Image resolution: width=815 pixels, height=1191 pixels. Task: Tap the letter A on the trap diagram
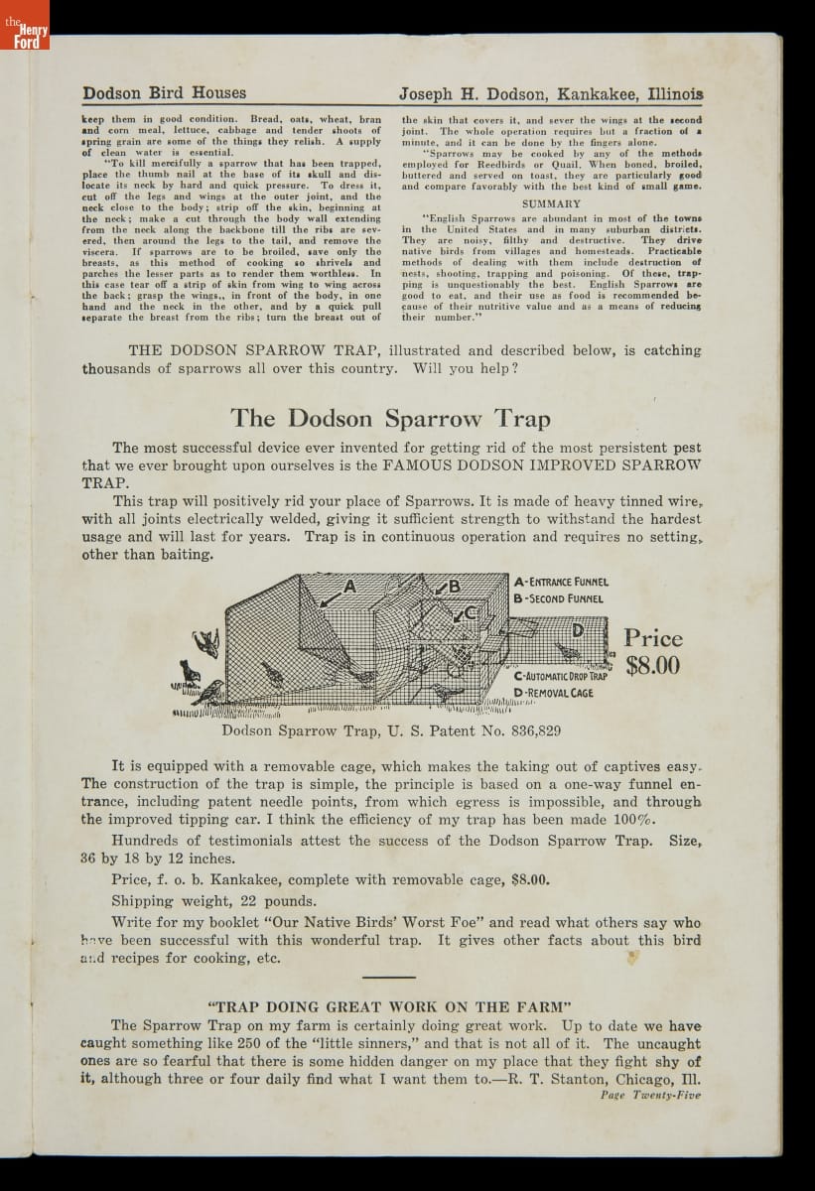tap(349, 587)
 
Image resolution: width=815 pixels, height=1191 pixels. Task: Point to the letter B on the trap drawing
tap(456, 586)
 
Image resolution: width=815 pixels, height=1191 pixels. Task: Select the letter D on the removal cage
tap(576, 629)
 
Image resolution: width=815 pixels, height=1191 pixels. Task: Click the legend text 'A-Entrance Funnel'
tap(561, 582)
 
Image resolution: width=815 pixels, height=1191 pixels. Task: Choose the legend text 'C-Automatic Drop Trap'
tap(567, 676)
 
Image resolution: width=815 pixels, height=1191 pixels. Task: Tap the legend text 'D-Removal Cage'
tap(553, 693)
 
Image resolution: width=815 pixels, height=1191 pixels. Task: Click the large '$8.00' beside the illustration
tap(653, 665)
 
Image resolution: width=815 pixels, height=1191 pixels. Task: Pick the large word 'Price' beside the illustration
tap(653, 637)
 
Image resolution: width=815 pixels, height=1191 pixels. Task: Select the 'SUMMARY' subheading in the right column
tap(551, 203)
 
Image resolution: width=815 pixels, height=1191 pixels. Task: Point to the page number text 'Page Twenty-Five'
tap(650, 1096)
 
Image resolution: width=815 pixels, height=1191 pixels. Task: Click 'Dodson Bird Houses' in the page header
tap(165, 93)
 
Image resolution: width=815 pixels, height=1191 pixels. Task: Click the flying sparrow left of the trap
tap(207, 642)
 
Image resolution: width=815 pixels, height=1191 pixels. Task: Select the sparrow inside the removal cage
tap(568, 652)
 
